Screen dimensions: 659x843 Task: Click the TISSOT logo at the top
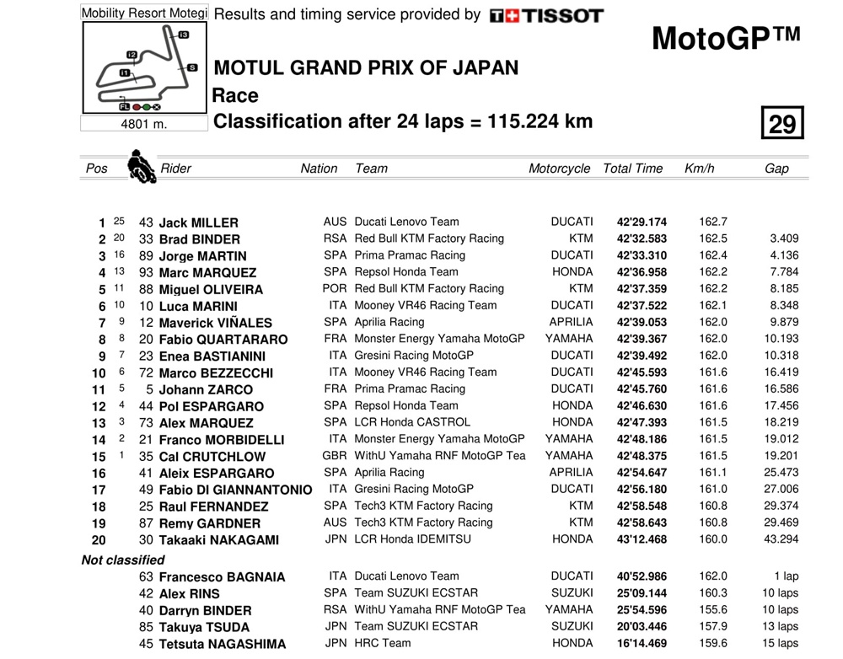pyautogui.click(x=546, y=15)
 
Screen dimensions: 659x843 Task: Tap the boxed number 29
pyautogui.click(x=781, y=124)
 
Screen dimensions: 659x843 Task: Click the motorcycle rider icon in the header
pyautogui.click(x=141, y=167)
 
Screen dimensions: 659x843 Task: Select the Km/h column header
pyautogui.click(x=699, y=169)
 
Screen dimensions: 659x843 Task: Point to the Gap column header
pyautogui.click(x=776, y=169)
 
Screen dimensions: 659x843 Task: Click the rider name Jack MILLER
pyautogui.click(x=198, y=222)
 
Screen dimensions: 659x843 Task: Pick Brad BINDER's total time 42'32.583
pyautogui.click(x=642, y=238)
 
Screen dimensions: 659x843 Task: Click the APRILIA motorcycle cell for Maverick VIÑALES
pyautogui.click(x=572, y=322)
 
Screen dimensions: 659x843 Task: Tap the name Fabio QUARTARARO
pyautogui.click(x=223, y=340)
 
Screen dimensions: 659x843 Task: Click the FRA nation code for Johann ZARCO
pyautogui.click(x=336, y=388)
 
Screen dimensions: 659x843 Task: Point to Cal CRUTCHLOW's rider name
pyautogui.click(x=212, y=457)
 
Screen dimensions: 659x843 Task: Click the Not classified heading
pyautogui.click(x=123, y=560)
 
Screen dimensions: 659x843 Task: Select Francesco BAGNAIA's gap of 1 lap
pyautogui.click(x=786, y=576)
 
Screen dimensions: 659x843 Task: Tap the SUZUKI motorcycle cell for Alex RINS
pyautogui.click(x=572, y=593)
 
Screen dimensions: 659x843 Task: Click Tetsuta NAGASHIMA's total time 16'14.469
pyautogui.click(x=642, y=643)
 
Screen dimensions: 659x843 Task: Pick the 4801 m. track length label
pyautogui.click(x=144, y=124)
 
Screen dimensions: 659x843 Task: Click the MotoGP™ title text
pyautogui.click(x=725, y=39)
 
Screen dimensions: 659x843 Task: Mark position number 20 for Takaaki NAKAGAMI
pyautogui.click(x=99, y=540)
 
